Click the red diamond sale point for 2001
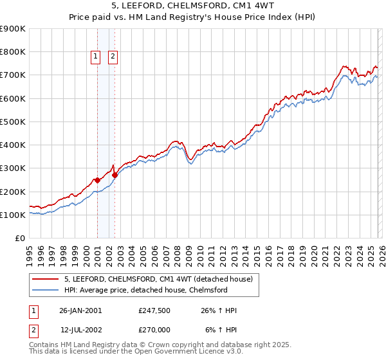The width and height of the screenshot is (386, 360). tap(97, 180)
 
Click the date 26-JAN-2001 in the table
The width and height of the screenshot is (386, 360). tap(80, 310)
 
